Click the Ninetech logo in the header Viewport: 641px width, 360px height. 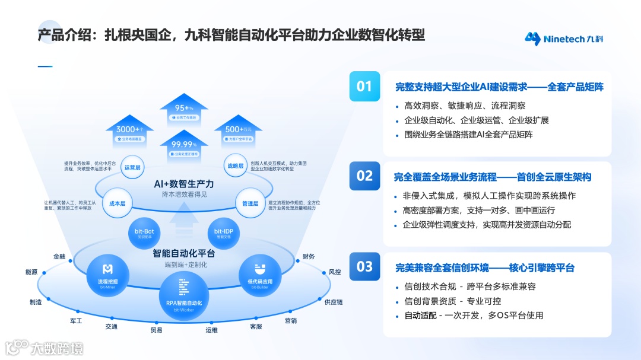click(x=564, y=39)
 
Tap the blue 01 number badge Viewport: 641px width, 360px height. click(x=364, y=87)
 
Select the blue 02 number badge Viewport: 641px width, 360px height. click(x=364, y=176)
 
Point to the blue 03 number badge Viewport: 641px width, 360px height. click(x=364, y=267)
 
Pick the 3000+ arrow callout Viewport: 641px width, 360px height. click(x=129, y=131)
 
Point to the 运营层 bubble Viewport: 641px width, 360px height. click(x=132, y=168)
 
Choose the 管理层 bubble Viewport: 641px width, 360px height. click(x=250, y=203)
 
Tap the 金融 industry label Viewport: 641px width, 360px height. click(x=59, y=257)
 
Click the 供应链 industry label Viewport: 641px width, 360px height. click(x=334, y=302)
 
